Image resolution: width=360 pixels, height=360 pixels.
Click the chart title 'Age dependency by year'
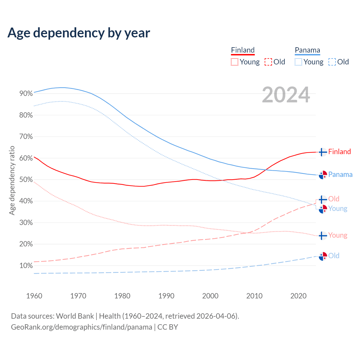[x=79, y=33]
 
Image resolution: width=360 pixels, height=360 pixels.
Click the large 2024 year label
[x=286, y=95]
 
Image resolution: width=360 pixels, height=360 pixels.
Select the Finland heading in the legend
[x=243, y=50]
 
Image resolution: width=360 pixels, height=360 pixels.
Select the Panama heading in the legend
[x=307, y=50]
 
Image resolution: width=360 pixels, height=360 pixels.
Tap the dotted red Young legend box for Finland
[x=235, y=62]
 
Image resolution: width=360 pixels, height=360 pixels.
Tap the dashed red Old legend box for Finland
[x=268, y=62]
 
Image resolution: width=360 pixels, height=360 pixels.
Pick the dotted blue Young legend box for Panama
[x=298, y=62]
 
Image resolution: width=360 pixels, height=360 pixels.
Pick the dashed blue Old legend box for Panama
[x=332, y=62]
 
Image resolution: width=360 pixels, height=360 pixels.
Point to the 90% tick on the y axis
[x=26, y=94]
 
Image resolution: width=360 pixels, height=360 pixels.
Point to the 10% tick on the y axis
[x=26, y=266]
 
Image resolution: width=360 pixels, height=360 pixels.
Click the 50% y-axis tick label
[x=26, y=180]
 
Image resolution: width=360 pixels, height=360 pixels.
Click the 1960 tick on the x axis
[x=34, y=296]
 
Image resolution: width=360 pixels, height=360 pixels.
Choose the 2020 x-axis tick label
[x=298, y=296]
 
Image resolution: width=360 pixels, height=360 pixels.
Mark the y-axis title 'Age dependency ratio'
[x=12, y=180]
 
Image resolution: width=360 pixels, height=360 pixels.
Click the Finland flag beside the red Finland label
[x=323, y=152]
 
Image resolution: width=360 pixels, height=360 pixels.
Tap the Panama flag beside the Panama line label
[x=323, y=175]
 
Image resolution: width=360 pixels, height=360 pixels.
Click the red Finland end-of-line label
[x=339, y=152]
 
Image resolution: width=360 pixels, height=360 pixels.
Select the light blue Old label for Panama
[x=334, y=256]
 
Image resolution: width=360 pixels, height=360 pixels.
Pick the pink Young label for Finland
[x=337, y=235]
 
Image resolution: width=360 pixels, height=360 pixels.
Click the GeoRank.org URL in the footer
[x=82, y=327]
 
